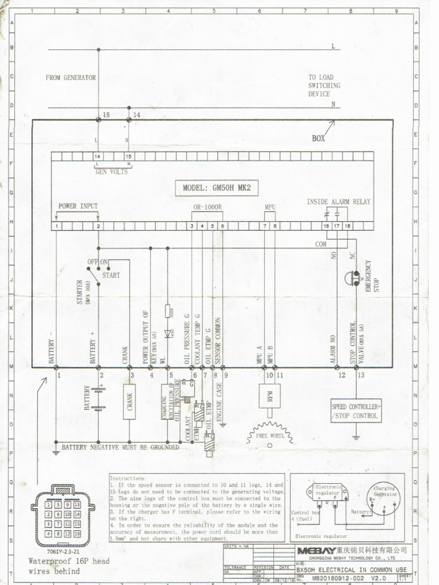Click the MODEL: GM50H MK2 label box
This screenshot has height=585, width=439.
pos(221,188)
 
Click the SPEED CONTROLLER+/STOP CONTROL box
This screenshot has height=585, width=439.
pos(356,411)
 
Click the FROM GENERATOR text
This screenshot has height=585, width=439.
pos(71,78)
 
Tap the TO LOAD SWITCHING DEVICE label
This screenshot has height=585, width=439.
pos(324,85)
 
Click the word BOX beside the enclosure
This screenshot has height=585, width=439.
pos(319,138)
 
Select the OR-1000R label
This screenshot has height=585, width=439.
pos(206,206)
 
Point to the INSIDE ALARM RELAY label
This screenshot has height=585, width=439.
pos(338,202)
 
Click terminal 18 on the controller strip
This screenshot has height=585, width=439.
pos(348,227)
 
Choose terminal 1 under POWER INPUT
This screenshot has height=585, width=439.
pos(57,227)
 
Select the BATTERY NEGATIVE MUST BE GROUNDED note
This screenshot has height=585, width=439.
pos(120,447)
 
